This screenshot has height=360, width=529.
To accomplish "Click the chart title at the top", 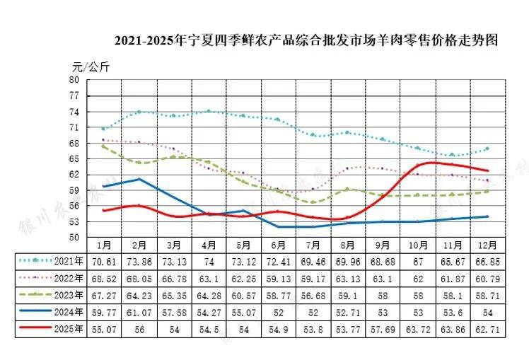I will tap(301, 40).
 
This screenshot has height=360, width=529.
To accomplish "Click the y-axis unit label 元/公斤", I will tap(91, 68).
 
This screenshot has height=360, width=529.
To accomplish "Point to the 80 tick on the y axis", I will tap(74, 80).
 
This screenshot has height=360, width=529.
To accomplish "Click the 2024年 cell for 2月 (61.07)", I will tap(139, 312).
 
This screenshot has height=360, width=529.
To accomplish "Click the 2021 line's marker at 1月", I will tap(104, 129).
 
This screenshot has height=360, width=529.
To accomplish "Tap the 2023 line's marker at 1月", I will tap(104, 146).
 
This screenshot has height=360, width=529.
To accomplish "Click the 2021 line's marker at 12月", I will tap(487, 149).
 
